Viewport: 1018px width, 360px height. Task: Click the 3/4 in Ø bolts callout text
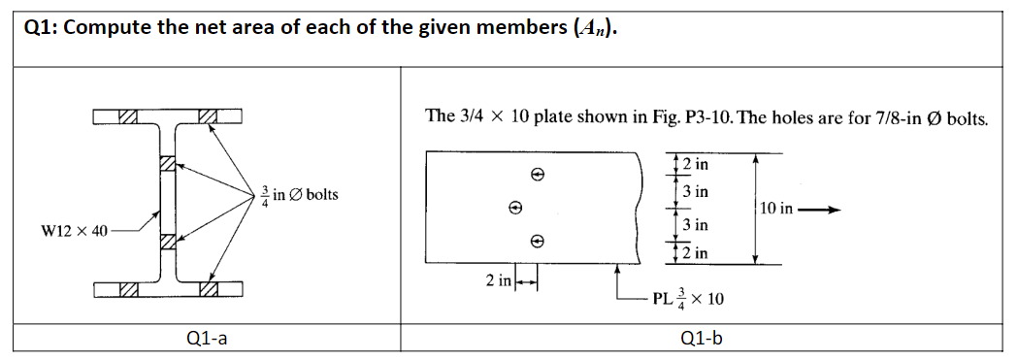[x=298, y=194]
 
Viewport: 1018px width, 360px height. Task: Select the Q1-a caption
[x=202, y=338]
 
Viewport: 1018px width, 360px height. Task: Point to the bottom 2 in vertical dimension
[x=694, y=253]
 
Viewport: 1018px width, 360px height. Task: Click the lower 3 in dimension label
[x=695, y=225]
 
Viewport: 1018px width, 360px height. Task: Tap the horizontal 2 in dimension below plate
[x=499, y=281]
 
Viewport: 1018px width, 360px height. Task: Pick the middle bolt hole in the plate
[x=516, y=207]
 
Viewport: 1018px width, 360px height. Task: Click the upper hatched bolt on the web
[x=167, y=164]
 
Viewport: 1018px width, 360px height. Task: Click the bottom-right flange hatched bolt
[x=207, y=287]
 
